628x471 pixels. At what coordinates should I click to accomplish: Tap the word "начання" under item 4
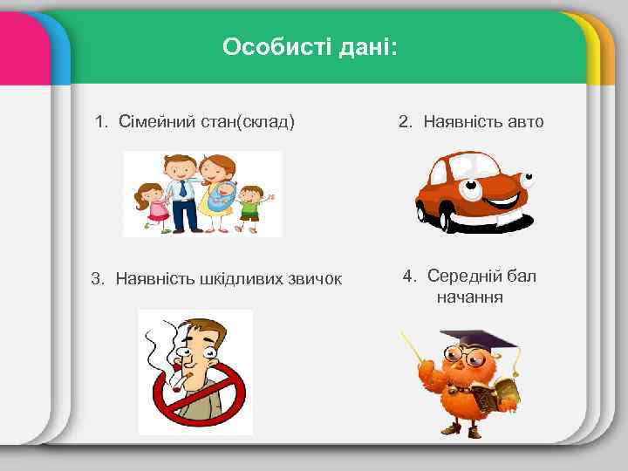[470, 297]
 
